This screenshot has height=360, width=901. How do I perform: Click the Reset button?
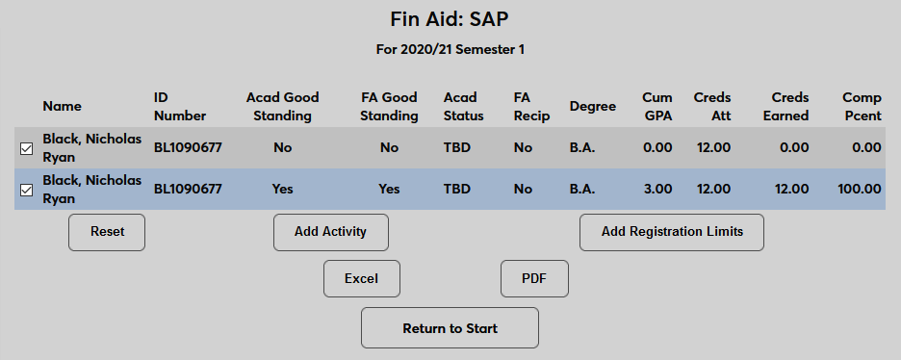point(107,232)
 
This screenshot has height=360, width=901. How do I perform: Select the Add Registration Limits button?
point(672,232)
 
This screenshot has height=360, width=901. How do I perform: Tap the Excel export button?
point(361,278)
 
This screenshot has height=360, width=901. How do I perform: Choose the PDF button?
point(534,278)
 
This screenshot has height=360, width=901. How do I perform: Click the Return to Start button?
point(450,328)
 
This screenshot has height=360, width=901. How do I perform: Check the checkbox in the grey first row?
point(26,148)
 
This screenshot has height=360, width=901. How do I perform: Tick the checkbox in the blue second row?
point(26,190)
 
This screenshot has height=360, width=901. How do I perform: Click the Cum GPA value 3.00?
point(657,189)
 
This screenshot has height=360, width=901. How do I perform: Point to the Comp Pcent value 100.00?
point(860,189)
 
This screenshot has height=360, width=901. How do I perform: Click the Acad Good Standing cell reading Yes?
point(282,189)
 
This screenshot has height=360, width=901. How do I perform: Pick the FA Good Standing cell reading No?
point(389,147)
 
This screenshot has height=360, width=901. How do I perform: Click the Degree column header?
point(592,106)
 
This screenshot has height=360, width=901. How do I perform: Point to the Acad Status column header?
point(463,106)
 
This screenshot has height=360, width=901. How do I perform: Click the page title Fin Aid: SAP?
point(450,19)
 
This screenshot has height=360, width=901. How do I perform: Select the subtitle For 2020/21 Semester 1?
point(450,49)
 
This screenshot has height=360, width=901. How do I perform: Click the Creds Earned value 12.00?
point(791,189)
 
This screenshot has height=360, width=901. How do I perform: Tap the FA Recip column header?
point(531,106)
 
